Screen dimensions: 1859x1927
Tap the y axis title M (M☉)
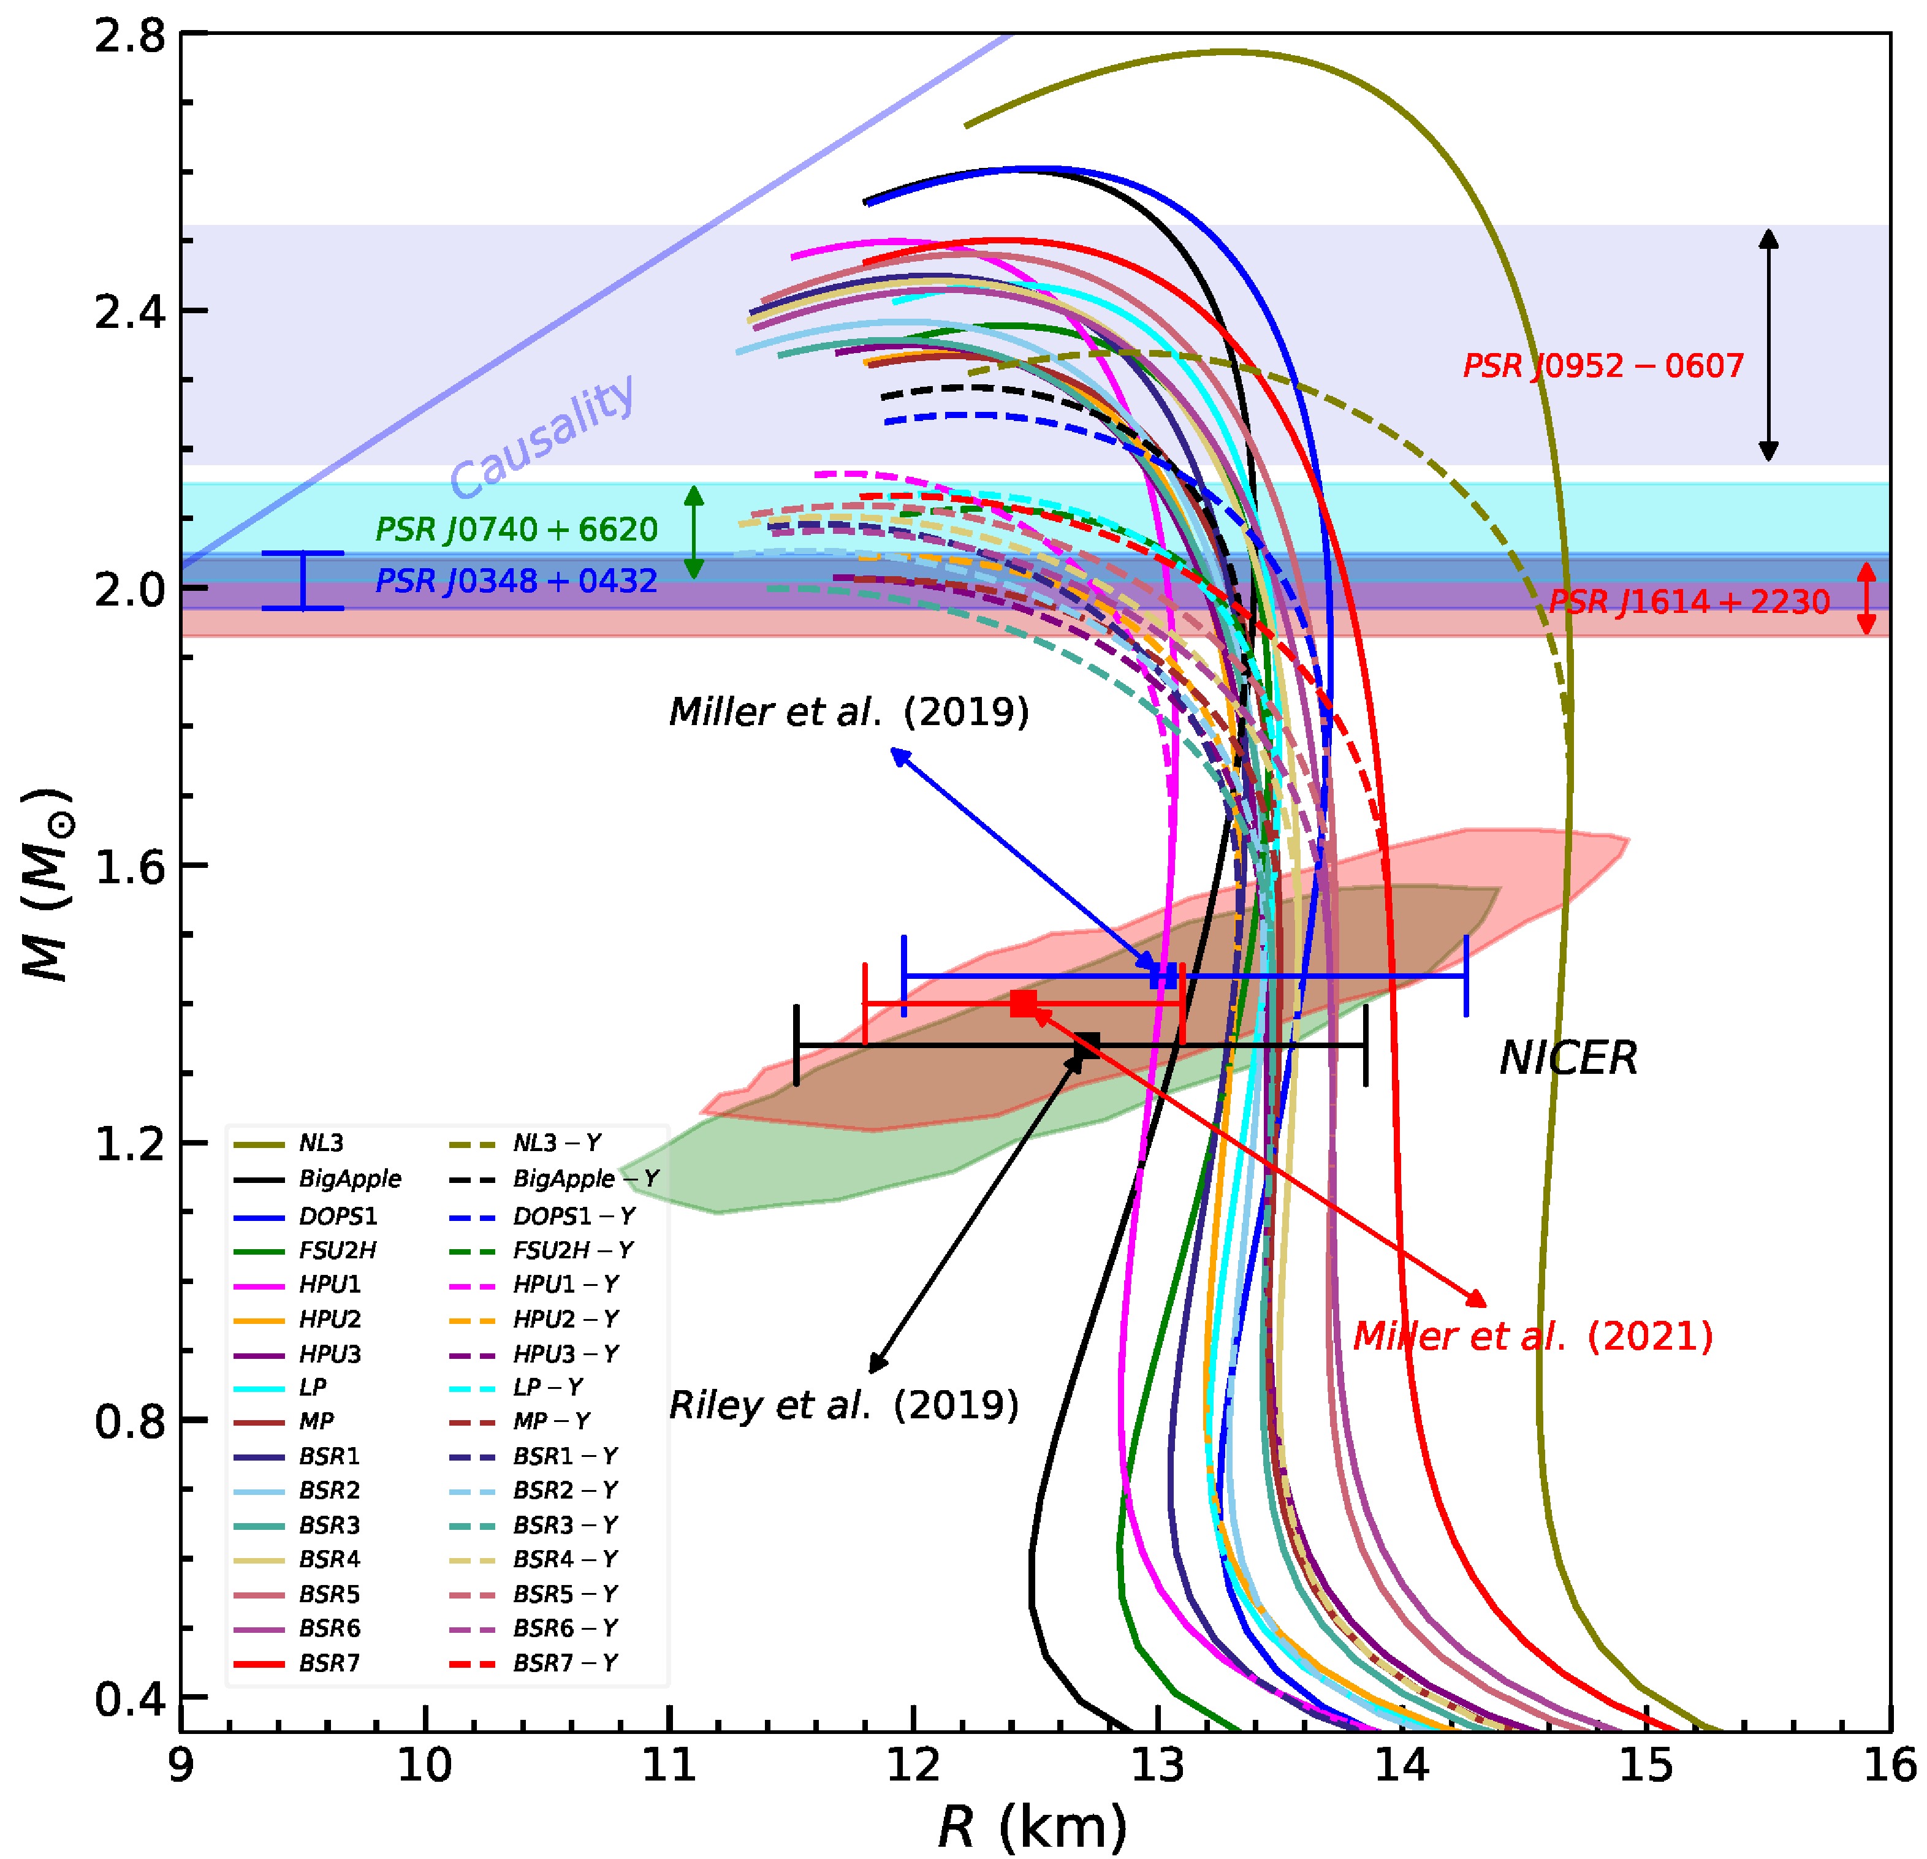coord(47,885)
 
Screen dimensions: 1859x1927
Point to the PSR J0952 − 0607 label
coord(1603,366)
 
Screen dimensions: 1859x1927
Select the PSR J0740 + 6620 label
coord(516,530)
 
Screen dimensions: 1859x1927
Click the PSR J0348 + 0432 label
coord(516,581)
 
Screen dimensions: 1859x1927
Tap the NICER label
coord(1568,1059)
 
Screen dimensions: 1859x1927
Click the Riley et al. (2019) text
coord(843,1405)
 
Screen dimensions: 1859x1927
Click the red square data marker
coord(1024,1003)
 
